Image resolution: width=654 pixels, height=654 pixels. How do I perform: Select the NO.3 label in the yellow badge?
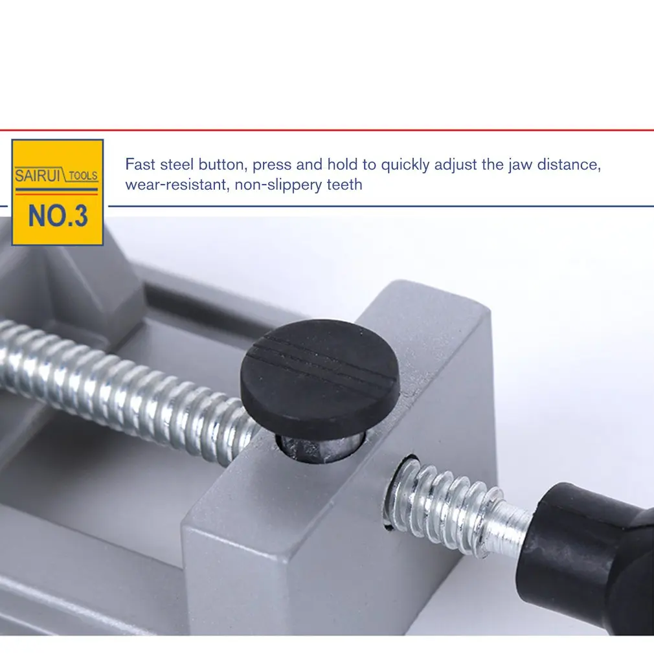pos(58,216)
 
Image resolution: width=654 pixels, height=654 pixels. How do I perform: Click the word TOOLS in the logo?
pos(83,176)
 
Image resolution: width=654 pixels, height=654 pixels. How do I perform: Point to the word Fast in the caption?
pos(139,164)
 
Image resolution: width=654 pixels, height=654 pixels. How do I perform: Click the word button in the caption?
pos(223,164)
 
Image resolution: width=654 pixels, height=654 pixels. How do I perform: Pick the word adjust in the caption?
pos(457,165)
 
